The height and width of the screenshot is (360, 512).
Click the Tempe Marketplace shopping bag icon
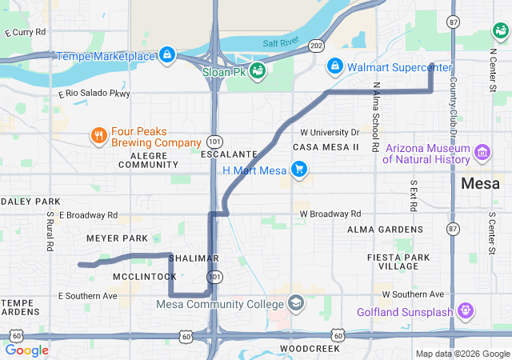166,55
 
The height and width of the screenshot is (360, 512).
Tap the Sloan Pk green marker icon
258,71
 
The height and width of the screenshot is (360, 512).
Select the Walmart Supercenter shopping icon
336,66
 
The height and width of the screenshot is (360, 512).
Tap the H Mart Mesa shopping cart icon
298,170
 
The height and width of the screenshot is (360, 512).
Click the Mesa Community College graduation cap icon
296,303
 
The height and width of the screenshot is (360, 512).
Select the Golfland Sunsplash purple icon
466,310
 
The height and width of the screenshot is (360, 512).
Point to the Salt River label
279,42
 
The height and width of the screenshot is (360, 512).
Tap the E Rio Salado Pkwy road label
94,94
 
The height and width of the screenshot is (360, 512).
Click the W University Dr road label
330,132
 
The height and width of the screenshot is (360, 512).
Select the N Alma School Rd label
375,117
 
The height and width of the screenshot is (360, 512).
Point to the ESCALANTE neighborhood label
230,153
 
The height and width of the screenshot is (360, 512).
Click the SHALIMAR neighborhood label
194,258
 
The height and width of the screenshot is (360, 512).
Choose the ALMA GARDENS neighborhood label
379,230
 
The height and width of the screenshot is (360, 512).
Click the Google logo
27,350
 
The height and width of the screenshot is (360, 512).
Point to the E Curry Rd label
26,33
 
